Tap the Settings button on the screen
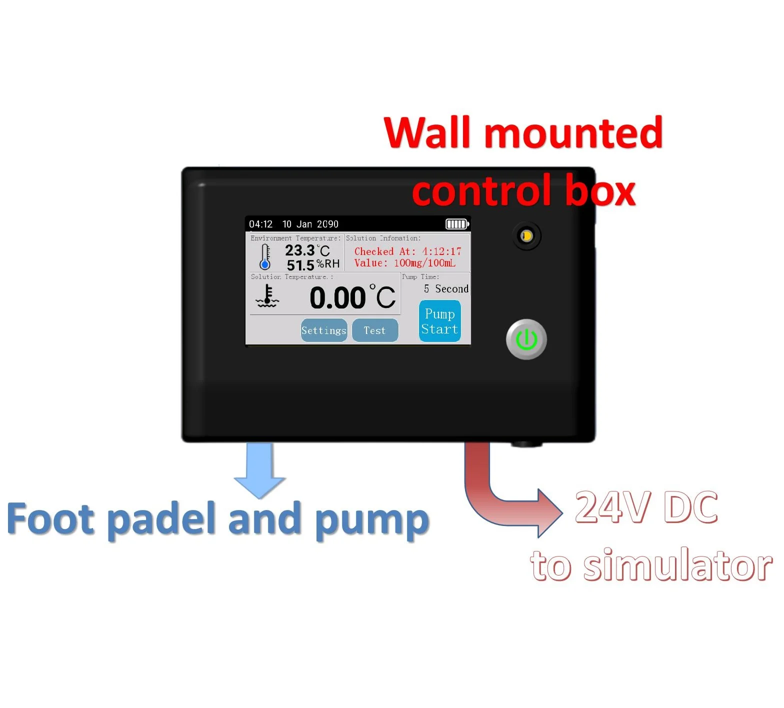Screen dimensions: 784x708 [324, 330]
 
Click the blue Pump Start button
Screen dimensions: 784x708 [439, 321]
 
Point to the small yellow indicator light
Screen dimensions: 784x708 [526, 236]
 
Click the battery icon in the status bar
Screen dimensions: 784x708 [457, 224]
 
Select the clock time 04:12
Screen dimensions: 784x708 [260, 224]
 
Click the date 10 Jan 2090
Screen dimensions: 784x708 [310, 224]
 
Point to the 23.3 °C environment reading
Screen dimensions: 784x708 [307, 250]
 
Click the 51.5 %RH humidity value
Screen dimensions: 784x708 [312, 264]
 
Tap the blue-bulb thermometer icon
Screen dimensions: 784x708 [265, 257]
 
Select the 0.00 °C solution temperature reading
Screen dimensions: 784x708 [352, 297]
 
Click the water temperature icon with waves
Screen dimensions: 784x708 [267, 296]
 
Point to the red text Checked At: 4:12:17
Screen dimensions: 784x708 [407, 251]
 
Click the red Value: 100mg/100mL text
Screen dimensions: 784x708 [404, 263]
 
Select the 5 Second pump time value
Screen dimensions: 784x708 [446, 288]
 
